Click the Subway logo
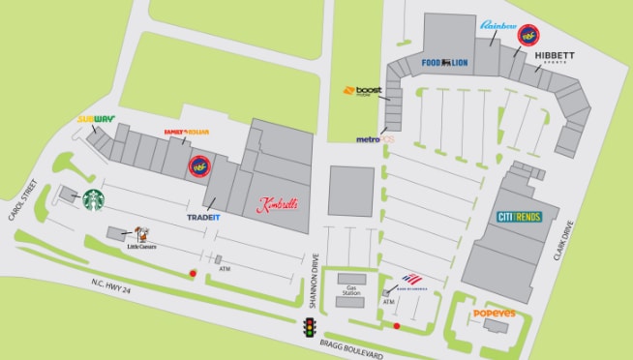97,121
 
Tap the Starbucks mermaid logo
94,199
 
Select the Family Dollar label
187,132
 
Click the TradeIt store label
204,217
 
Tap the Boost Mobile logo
363,92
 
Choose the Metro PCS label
376,139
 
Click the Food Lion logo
444,63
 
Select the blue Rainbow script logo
499,25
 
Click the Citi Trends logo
527,217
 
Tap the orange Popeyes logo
500,315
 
